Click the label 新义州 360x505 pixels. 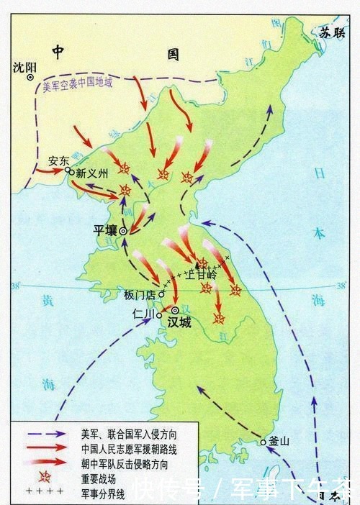(x=91, y=173)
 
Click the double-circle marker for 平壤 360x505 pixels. (x=123, y=231)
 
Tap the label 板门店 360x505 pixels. (x=140, y=294)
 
